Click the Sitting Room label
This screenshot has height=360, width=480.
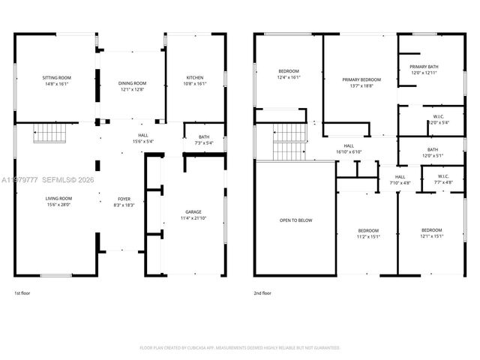point(56,80)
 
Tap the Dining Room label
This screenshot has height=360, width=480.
point(132,86)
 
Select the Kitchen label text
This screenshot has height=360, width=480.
point(194,80)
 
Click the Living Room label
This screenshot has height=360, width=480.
point(56,201)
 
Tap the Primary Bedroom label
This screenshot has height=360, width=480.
point(361,82)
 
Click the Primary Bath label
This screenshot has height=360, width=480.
point(424,70)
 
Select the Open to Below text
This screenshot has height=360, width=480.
point(295,220)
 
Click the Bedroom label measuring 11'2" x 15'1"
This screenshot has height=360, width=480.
point(367,233)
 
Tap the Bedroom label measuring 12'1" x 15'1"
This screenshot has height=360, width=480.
point(431,233)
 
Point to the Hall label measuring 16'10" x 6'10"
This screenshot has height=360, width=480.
point(349,148)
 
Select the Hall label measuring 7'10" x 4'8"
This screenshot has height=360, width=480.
point(400,180)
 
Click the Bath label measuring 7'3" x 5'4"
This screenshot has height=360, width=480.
point(204,139)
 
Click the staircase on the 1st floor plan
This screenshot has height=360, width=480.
point(51,134)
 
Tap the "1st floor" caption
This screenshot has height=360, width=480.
point(23,293)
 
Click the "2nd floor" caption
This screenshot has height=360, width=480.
point(263,293)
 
